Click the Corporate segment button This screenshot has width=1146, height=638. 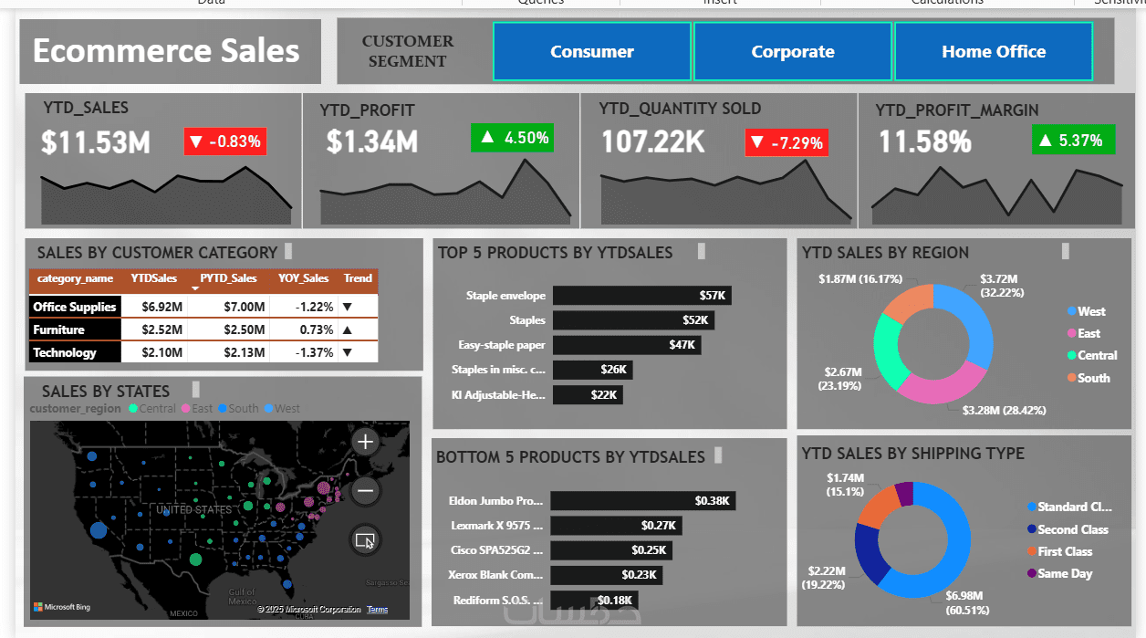[x=792, y=52]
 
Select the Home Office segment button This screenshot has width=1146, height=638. [x=994, y=52]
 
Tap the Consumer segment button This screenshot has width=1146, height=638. [x=591, y=52]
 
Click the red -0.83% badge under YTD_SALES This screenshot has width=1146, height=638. [x=225, y=141]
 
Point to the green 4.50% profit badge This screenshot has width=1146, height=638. [x=513, y=138]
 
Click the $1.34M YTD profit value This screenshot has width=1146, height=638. [x=372, y=142]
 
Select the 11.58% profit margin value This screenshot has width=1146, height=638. [x=924, y=142]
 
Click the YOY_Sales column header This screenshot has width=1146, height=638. [x=304, y=278]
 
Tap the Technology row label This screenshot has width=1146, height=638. [x=65, y=352]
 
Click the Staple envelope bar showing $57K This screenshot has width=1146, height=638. [x=641, y=296]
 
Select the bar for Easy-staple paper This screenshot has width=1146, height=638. [x=627, y=345]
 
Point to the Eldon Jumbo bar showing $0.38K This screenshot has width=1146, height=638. [x=642, y=501]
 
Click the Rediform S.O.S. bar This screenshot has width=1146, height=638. [x=594, y=600]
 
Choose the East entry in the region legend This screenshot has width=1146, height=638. [x=1088, y=333]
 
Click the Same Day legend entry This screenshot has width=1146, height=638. [x=1064, y=573]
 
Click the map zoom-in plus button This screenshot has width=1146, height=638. [x=365, y=443]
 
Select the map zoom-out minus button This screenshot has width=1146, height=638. [x=365, y=491]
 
